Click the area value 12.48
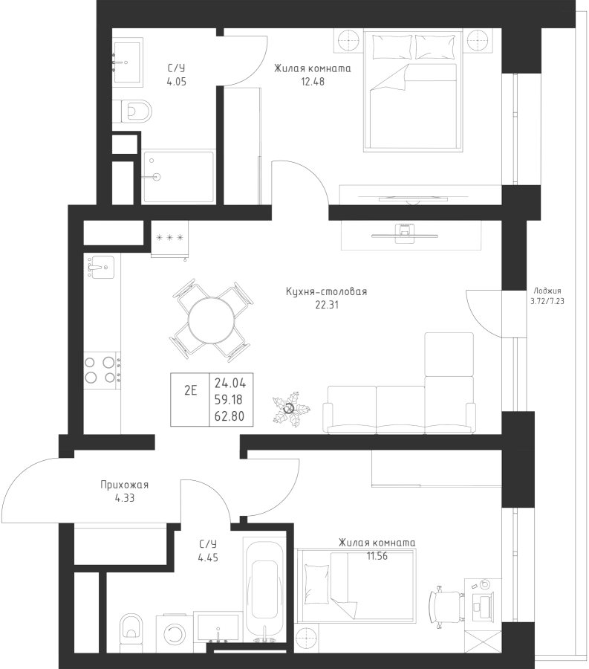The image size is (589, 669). pyautogui.click(x=313, y=82)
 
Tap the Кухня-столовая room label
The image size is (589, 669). pyautogui.click(x=327, y=292)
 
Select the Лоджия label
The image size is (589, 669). pyautogui.click(x=547, y=291)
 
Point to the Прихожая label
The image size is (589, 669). pyautogui.click(x=125, y=485)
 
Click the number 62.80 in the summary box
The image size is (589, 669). pyautogui.click(x=230, y=416)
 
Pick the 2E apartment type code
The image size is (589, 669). pyautogui.click(x=190, y=390)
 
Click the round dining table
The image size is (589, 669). pyautogui.click(x=212, y=320)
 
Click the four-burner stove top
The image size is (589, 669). pyautogui.click(x=102, y=369)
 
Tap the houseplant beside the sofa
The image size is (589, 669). pyautogui.click(x=290, y=409)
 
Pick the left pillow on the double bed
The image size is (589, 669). pyautogui.click(x=392, y=47)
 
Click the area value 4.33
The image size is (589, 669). pyautogui.click(x=125, y=498)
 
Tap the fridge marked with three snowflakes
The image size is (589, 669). pyautogui.click(x=169, y=239)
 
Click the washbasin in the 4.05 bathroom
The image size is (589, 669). pyautogui.click(x=126, y=61)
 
